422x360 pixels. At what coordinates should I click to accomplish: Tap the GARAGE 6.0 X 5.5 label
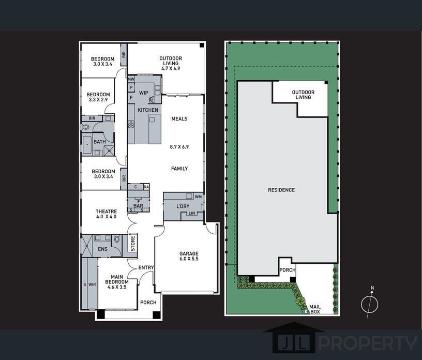point(189,256)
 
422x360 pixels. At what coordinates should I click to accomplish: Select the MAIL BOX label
point(315,309)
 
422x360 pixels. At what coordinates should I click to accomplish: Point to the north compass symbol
point(370,303)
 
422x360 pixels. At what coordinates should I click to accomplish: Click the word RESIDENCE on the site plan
point(281,190)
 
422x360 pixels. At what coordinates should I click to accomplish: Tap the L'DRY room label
point(183,206)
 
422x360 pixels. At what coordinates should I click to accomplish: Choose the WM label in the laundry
point(199,197)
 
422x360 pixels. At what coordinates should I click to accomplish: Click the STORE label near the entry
point(133,244)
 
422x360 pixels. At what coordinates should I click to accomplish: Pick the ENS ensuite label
point(102,249)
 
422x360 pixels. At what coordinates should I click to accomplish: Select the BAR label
point(138,206)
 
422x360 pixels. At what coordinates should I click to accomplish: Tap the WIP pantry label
point(144,93)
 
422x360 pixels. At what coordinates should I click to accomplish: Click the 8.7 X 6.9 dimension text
point(179,147)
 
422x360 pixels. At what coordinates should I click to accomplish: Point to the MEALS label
point(179,119)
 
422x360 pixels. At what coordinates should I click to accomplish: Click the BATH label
point(100,142)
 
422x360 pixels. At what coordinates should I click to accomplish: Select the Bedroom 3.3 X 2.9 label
point(98,97)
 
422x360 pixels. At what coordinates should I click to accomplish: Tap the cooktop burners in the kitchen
point(131,124)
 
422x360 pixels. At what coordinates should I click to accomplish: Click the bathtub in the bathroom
point(87,145)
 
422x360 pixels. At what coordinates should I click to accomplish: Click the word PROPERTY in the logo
point(368,343)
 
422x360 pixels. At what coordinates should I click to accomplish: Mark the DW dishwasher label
point(150,100)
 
